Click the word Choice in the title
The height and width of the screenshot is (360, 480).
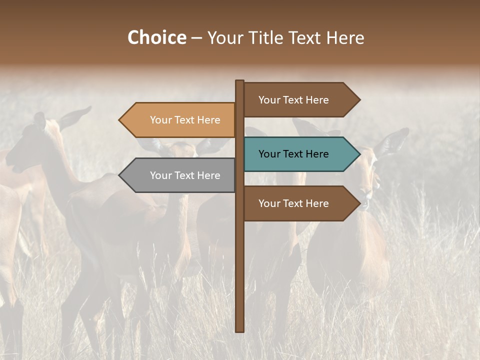(x=156, y=38)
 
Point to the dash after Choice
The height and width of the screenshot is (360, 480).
(x=196, y=38)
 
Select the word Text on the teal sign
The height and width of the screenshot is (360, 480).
(x=294, y=154)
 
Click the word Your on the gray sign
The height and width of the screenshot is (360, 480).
(x=160, y=175)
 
